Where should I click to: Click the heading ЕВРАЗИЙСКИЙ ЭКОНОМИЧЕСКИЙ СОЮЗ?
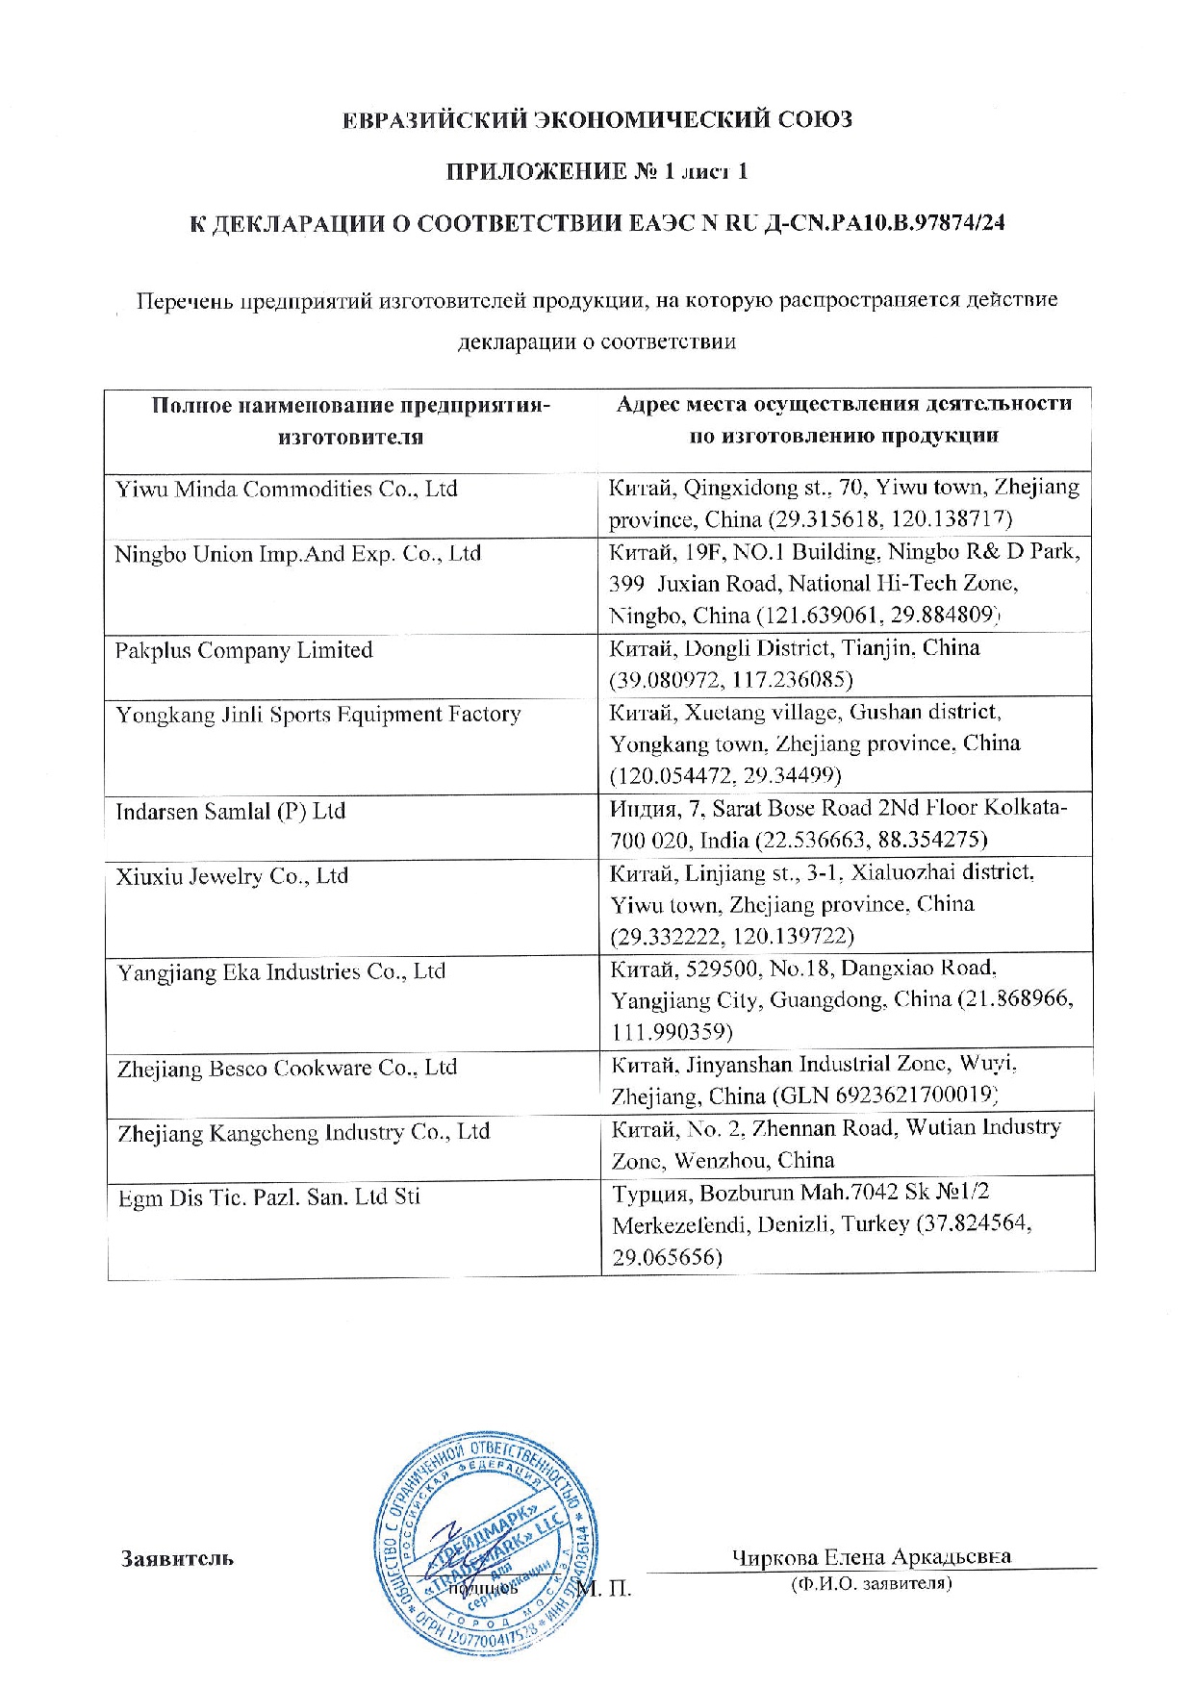597,120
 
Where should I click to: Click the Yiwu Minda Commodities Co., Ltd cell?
287,490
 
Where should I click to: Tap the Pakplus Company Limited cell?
243,651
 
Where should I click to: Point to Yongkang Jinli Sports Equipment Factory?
318,716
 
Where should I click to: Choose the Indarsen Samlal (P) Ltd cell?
230,812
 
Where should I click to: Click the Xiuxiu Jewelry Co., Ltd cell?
232,877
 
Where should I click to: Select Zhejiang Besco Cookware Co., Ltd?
287,1069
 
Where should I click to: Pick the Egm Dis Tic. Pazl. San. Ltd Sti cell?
268,1198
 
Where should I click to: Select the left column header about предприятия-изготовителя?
351,420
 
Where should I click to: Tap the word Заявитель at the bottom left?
177,1557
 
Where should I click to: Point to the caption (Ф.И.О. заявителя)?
871,1582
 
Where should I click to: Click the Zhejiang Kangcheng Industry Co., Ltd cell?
303,1133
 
